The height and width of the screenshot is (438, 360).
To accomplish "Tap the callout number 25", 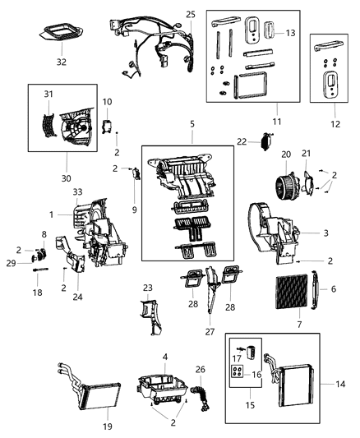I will coord(191,15).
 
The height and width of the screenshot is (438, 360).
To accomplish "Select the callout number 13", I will coord(290,33).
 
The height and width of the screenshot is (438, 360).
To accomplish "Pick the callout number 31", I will coord(47,94).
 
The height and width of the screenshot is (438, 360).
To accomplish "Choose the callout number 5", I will coord(192,126).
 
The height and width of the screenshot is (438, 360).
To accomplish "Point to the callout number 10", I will coord(107,102).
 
